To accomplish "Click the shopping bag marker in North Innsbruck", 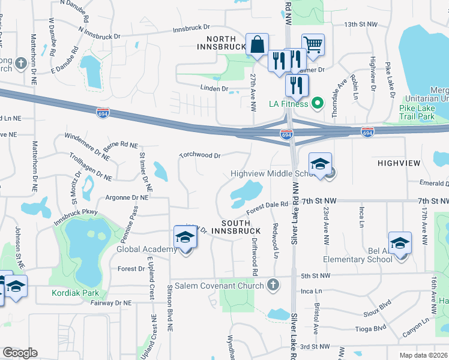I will [257, 45].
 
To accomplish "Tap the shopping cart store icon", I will [313, 44].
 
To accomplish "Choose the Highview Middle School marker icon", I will [321, 164].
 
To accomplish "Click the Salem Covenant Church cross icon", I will [273, 284].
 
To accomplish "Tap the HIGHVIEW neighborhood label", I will [399, 163].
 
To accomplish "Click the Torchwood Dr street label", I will [200, 155].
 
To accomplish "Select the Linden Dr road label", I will [217, 89].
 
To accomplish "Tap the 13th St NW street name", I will [360, 25].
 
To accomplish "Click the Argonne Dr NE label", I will [127, 197].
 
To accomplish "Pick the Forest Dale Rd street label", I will [269, 207].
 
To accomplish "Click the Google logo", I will [20, 353].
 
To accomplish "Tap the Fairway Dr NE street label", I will [109, 303].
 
